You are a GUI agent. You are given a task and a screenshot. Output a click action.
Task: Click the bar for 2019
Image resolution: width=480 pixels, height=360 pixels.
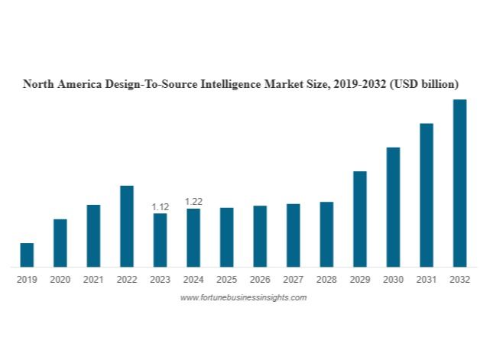click(x=27, y=255)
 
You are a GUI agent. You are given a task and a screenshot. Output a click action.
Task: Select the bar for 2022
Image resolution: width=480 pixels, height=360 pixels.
click(x=127, y=226)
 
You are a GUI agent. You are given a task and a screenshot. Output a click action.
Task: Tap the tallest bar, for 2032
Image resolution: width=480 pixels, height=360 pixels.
click(x=459, y=183)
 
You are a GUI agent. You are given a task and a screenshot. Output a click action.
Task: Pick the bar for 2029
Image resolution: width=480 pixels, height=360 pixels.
click(x=359, y=219)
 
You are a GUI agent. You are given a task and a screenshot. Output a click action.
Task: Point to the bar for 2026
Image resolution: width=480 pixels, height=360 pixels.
click(x=260, y=236)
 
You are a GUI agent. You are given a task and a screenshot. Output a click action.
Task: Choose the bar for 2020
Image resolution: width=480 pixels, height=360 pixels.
click(x=60, y=243)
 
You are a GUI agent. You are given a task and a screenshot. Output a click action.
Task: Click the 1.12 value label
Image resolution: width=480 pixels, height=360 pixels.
click(x=160, y=207)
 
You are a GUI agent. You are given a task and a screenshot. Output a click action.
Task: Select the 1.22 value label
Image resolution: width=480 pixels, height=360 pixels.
click(x=193, y=202)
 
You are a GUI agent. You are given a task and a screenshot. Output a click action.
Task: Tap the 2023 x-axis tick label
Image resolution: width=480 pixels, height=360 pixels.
click(x=160, y=280)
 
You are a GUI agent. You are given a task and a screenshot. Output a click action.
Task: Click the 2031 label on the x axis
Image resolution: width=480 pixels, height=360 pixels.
click(x=426, y=280)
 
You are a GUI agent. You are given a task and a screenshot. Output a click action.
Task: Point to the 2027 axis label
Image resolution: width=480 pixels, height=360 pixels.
click(x=293, y=280)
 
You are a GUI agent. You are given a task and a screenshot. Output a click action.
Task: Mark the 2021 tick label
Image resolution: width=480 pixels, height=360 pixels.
click(x=93, y=280)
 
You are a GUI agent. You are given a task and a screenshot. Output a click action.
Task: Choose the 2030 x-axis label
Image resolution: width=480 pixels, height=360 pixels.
click(x=393, y=280)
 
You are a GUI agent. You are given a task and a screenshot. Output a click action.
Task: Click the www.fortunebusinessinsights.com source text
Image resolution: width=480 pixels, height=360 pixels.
click(x=243, y=297)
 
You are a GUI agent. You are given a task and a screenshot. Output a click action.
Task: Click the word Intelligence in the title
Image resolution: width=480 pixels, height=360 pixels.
click(x=229, y=83)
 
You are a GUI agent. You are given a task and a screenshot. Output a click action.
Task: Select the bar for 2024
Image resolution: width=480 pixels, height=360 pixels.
click(x=193, y=238)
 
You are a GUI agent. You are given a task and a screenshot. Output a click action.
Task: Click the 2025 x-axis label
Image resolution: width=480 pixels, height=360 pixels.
click(x=226, y=280)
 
